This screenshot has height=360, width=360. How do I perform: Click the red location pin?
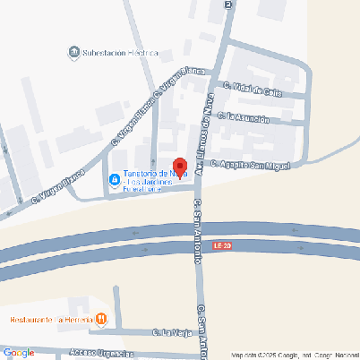[x=178, y=167]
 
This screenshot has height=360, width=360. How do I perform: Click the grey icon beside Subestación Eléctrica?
[x=73, y=53]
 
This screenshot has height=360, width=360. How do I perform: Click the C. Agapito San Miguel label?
[x=252, y=164]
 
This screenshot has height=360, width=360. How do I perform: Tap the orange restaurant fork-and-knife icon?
[x=101, y=318]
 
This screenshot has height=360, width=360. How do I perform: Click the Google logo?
[x=19, y=353]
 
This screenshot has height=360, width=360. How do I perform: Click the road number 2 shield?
[x=228, y=4]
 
